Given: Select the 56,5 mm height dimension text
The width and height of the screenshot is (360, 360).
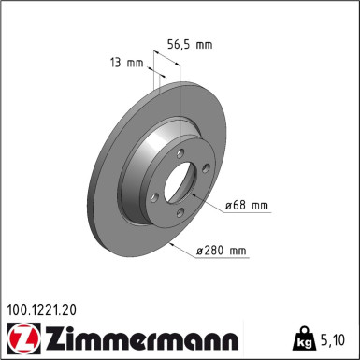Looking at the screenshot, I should pos(190,43).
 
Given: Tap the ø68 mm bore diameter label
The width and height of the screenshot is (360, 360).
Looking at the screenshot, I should pos(246,204).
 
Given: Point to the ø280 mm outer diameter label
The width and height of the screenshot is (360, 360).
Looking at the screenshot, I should pos(222,250).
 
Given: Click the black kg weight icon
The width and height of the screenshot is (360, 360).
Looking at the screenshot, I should pos(304,335).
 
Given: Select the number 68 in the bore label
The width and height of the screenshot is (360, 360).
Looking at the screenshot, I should pos(242,204).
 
